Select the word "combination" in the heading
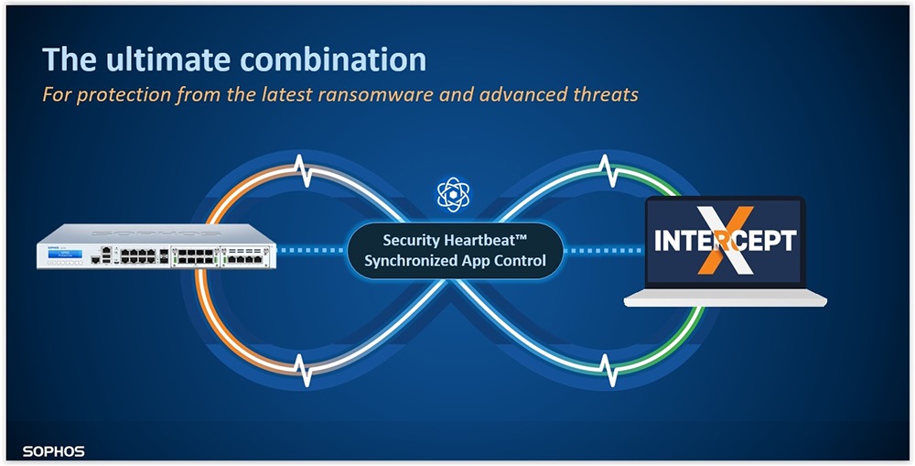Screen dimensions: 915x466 click(333, 59)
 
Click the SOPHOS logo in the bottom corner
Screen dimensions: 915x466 click(54, 451)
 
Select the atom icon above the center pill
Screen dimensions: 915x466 click(454, 194)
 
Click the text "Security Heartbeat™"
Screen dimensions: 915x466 click(455, 240)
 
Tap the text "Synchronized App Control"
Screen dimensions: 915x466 click(455, 260)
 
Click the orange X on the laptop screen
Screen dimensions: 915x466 click(726, 240)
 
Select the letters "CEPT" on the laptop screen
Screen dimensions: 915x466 click(766, 241)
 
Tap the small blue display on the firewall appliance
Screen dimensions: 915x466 click(65, 254)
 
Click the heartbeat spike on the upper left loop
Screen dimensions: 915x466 click(301, 169)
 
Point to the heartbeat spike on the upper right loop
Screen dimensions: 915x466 click(608, 170)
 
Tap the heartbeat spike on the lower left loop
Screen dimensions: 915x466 click(303, 370)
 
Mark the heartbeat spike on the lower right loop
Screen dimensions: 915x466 click(609, 370)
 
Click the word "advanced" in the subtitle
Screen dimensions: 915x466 click(506, 93)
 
